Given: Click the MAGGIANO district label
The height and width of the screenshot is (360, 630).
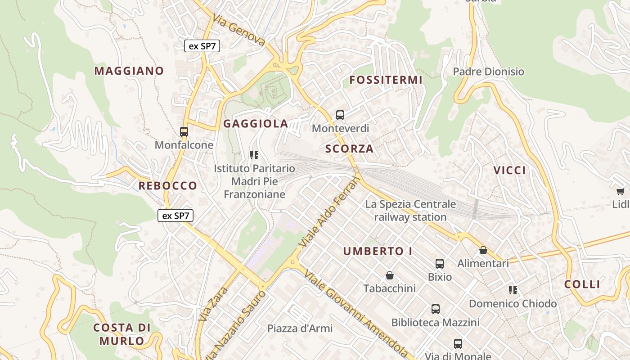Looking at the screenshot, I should (x=129, y=71).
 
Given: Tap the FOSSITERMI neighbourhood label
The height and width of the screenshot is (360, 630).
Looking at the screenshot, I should (x=386, y=80).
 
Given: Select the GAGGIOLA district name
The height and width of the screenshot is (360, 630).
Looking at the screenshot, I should (x=256, y=124).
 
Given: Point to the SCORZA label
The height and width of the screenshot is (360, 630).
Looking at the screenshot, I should (x=349, y=149).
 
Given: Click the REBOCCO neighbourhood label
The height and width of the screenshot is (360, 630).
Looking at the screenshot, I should (x=167, y=185).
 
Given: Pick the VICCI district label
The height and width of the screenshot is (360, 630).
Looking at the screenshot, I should (x=509, y=171).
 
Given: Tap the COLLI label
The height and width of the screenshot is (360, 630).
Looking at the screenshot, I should (x=582, y=284).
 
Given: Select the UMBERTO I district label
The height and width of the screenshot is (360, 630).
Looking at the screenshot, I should (x=378, y=252).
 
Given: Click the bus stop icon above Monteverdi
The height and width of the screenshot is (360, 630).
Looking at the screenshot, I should (x=340, y=115).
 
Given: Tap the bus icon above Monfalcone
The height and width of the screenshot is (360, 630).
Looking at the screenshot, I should (x=184, y=132).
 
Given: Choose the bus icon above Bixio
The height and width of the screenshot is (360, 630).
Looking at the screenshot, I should (x=440, y=264).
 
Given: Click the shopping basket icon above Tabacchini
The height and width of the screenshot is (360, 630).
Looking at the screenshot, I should (x=390, y=275).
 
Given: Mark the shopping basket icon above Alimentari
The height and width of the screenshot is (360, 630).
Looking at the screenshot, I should (x=483, y=250).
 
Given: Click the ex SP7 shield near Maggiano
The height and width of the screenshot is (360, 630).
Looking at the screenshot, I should (x=202, y=46).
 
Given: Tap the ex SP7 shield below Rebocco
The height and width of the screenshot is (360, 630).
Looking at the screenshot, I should (x=175, y=216).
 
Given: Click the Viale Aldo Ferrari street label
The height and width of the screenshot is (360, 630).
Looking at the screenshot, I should (x=331, y=212).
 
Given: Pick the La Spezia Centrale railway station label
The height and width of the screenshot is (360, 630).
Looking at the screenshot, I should (x=410, y=211).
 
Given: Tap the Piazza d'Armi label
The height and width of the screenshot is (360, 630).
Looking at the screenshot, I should (x=300, y=328).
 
